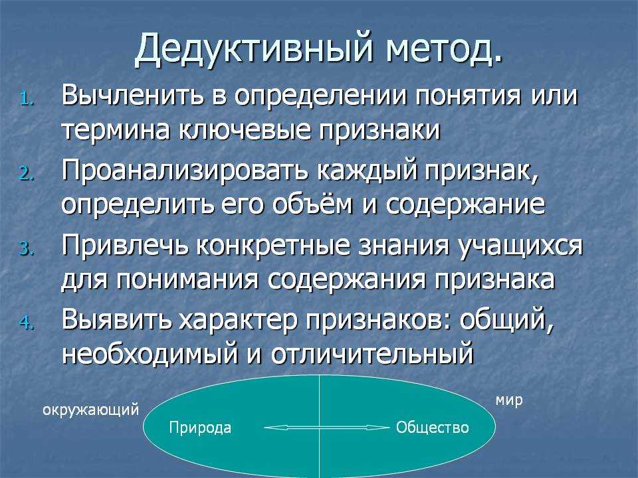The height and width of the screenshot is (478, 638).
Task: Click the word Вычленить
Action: pyautogui.click(x=132, y=96)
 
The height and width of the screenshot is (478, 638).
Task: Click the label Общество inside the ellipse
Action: pyautogui.click(x=433, y=427)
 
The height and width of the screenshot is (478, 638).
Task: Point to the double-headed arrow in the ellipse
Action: pyautogui.click(x=326, y=428)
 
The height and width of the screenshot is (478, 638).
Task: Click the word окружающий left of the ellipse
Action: pyautogui.click(x=91, y=410)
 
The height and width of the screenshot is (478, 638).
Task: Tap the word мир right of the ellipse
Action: pyautogui.click(x=509, y=400)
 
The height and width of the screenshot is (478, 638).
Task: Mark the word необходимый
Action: pyautogui.click(x=150, y=354)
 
